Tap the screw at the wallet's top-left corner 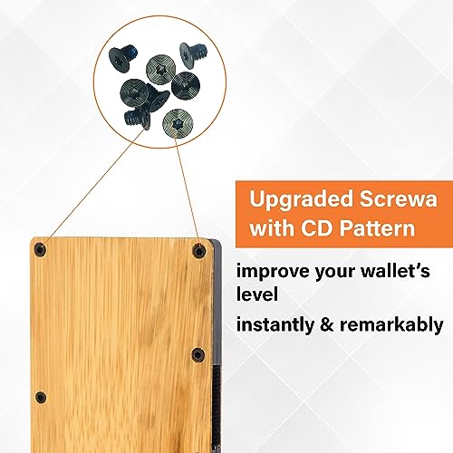click(x=39, y=249)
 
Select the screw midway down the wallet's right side click(x=198, y=354)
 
